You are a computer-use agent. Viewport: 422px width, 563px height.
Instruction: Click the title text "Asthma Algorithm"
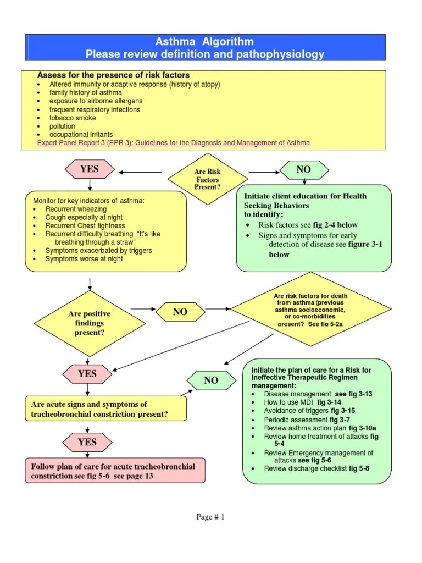pos(205,42)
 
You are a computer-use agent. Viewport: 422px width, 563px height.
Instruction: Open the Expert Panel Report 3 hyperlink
pos(173,143)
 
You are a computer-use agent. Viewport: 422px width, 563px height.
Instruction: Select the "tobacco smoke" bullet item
pos(73,118)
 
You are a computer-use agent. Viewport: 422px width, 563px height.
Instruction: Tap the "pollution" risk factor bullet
pos(62,126)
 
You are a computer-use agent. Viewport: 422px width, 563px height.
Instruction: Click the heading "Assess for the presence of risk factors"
pos(113,75)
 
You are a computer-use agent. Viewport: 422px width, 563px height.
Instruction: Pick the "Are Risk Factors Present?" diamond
pos(207,179)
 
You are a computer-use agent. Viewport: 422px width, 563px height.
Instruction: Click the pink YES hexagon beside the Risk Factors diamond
pos(89,169)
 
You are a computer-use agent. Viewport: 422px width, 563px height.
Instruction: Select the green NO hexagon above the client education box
pos(303,170)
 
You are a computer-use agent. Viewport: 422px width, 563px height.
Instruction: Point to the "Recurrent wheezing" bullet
pos(76,209)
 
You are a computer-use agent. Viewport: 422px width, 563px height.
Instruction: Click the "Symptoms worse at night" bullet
pos(84,259)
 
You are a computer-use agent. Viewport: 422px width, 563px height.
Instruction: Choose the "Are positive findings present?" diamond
pos(89,323)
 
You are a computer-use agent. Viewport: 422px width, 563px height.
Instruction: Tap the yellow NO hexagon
pos(180,312)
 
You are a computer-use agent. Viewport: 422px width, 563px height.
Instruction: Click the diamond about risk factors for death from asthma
pos(310,310)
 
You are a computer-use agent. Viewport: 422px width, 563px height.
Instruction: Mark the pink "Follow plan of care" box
pos(115,471)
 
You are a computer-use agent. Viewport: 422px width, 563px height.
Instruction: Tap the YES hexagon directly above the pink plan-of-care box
pos(87,442)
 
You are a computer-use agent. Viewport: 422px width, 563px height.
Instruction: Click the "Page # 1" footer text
pos(210,517)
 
